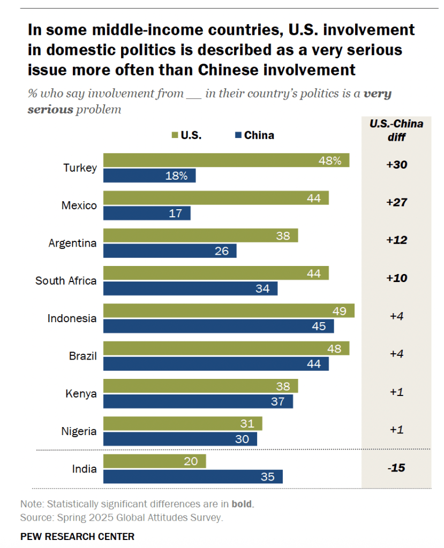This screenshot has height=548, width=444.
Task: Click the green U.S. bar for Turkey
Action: point(226,160)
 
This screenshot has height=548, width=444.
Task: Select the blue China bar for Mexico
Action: point(147,214)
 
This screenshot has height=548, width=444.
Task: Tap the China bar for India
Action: point(193,477)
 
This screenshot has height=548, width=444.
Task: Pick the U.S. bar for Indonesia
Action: point(229,311)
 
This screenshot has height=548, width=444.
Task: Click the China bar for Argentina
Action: point(170,251)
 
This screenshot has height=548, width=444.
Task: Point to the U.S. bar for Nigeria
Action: point(183,423)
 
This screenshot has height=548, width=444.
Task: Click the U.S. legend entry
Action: point(186,135)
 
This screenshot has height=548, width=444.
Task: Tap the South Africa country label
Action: point(66,280)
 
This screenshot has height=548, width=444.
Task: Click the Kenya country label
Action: point(82,393)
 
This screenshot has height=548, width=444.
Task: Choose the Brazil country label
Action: point(82,355)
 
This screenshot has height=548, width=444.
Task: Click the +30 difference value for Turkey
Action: point(397,165)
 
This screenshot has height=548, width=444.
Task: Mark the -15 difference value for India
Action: point(397,468)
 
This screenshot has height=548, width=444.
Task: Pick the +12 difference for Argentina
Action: point(397,240)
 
